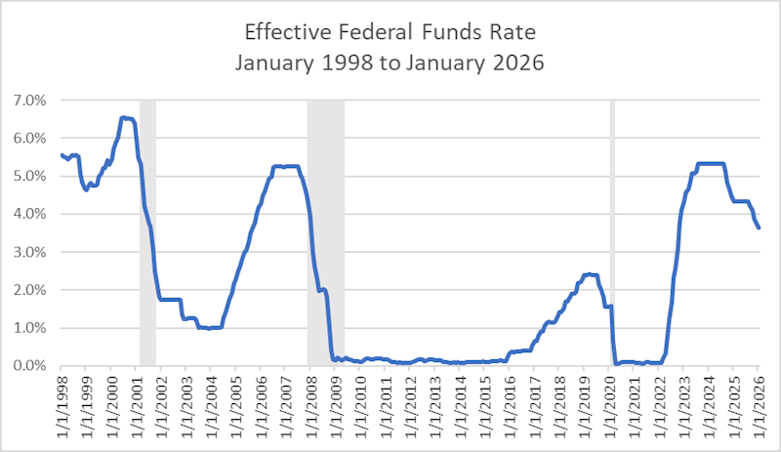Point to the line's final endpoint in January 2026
click(760, 227)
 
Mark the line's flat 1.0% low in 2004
click(210, 328)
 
